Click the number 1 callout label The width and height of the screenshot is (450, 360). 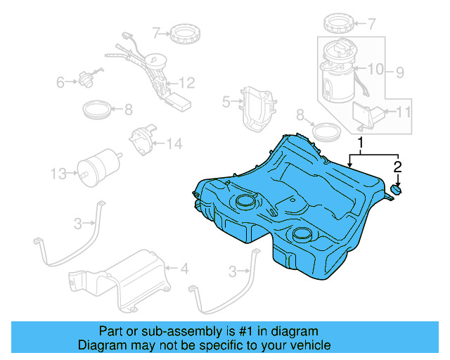(x=361, y=144)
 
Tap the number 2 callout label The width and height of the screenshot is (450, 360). (x=397, y=167)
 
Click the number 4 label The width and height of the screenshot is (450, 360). (x=184, y=268)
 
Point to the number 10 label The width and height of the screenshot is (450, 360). (x=403, y=111)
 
